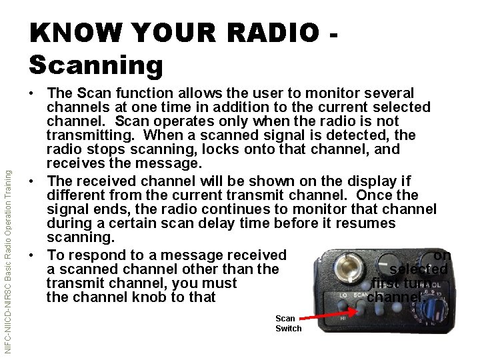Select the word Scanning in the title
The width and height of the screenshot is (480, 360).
tap(96, 65)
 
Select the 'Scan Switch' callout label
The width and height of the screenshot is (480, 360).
tap(288, 323)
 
